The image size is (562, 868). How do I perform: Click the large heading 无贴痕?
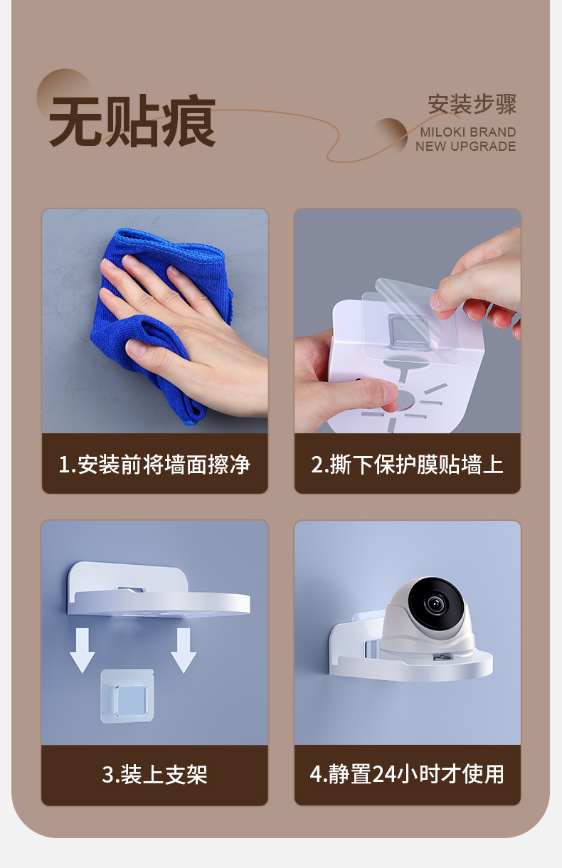[x=132, y=120]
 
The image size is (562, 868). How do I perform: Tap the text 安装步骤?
[x=472, y=104]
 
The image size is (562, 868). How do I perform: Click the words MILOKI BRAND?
[x=468, y=132]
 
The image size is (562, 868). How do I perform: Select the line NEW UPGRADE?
[x=465, y=147]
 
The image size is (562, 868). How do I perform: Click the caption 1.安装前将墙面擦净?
[x=154, y=464]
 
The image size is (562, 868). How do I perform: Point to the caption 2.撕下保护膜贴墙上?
[x=407, y=464]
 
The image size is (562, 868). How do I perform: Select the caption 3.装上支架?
[x=154, y=775]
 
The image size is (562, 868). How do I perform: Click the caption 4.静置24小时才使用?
[x=407, y=774]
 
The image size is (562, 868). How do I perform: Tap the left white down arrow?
[x=83, y=651]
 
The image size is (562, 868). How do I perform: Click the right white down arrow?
[x=184, y=651]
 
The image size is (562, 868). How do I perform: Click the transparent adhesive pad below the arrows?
[x=127, y=697]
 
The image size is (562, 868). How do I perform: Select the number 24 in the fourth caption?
[x=383, y=775]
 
